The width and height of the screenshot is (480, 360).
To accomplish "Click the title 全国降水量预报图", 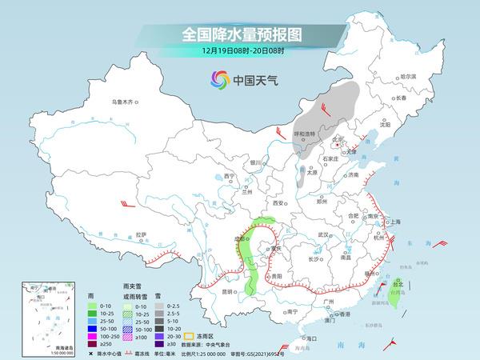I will [x=240, y=34].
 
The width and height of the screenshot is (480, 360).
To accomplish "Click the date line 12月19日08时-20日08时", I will [x=240, y=50].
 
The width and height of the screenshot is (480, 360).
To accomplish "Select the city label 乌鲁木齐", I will [x=125, y=102].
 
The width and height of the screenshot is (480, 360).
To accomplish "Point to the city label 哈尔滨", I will [x=408, y=76].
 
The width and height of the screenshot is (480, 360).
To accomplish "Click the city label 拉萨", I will [x=141, y=234].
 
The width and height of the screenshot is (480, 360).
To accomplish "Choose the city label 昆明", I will [x=230, y=292].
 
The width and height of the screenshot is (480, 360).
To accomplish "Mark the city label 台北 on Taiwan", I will [x=398, y=282].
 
